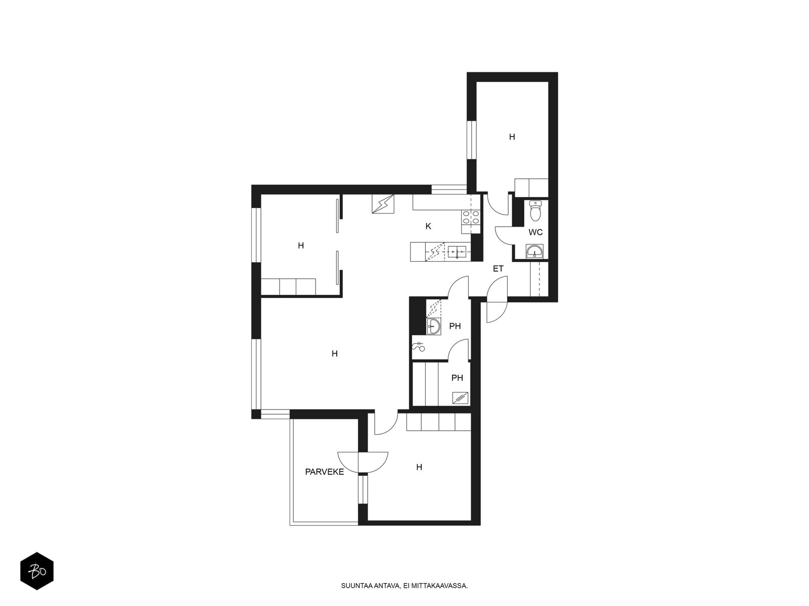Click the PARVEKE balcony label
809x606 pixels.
tap(324, 472)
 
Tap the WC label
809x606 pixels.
tap(535, 232)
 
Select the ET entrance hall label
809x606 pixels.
tap(498, 269)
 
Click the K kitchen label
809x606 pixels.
tap(428, 226)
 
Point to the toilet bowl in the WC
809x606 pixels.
tap(535, 211)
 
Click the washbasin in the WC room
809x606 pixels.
tap(534, 251)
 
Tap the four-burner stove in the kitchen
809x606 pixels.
tap(471, 221)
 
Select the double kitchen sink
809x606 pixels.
tap(458, 252)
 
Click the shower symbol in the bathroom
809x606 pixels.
tap(418, 346)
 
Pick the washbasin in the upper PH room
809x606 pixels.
tap(433, 327)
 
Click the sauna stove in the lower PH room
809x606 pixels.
tap(460, 398)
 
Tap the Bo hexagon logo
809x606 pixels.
tap(37, 571)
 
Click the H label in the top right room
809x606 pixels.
tap(512, 137)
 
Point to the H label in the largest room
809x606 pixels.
tap(334, 353)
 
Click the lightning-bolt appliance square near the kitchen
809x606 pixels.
tap(383, 204)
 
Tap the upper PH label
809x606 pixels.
tap(455, 326)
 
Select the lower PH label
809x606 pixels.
tap(457, 378)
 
